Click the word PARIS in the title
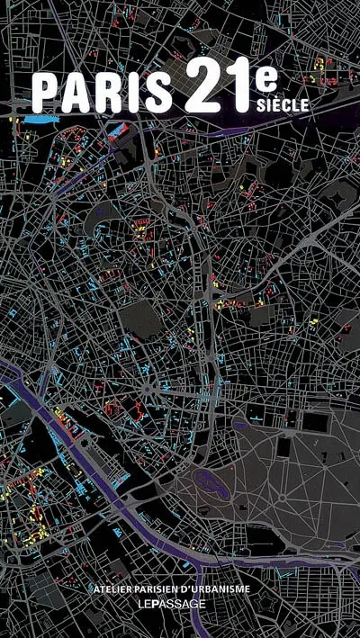tap(102, 93)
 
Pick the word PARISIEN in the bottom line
tap(174, 589)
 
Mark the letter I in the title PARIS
tap(133, 93)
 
